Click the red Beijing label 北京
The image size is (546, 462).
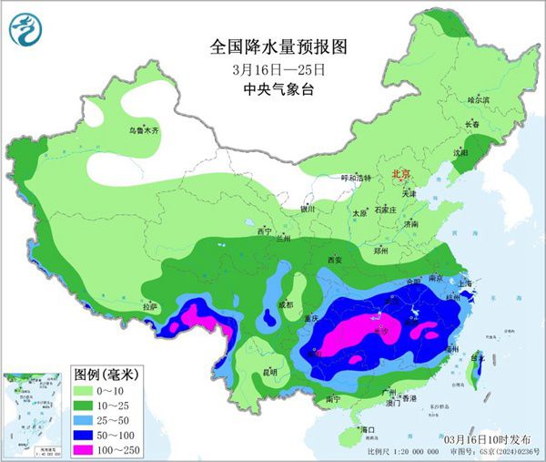(401, 173)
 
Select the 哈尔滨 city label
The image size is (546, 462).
(479, 99)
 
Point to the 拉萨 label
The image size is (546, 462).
(150, 307)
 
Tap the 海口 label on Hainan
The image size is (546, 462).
(367, 428)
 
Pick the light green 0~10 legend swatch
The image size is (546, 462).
(87, 389)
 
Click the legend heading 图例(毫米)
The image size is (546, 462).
(106, 373)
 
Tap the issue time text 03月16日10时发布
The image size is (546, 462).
(491, 439)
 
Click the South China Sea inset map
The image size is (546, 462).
(35, 411)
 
